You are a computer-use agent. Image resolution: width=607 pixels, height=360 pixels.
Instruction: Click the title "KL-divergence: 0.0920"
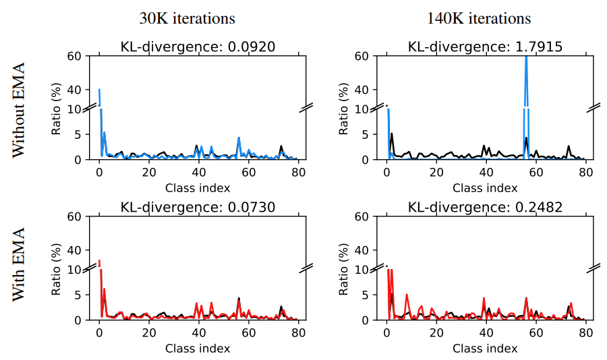click(198, 47)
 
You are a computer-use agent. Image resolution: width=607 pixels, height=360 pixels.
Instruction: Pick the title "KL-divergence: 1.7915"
click(485, 47)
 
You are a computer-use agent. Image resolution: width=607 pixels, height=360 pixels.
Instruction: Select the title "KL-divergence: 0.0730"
click(198, 207)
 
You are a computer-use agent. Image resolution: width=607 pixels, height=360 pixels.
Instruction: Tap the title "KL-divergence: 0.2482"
click(485, 207)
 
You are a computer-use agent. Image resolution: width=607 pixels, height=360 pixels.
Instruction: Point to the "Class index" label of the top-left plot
click(198, 187)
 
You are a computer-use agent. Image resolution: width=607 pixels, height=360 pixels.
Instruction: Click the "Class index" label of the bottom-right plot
click(485, 348)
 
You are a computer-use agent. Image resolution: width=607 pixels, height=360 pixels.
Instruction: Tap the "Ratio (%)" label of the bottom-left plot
click(58, 268)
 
